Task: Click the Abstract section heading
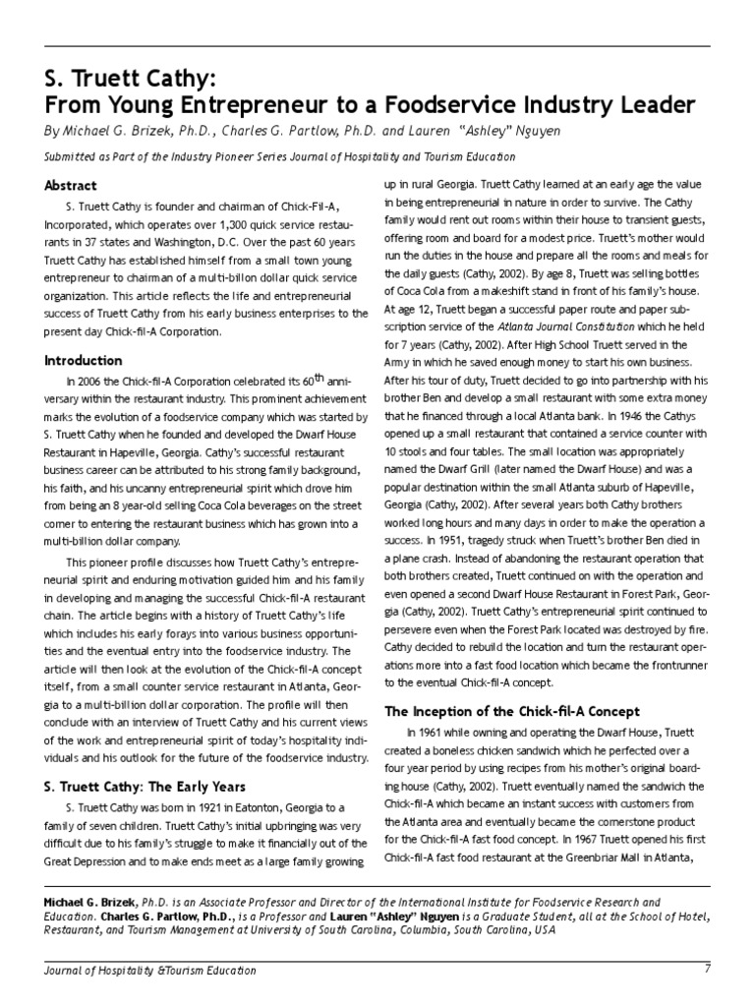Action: (72, 185)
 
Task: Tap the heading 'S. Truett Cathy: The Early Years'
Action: (145, 786)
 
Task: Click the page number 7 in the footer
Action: (707, 970)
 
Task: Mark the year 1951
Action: (424, 540)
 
